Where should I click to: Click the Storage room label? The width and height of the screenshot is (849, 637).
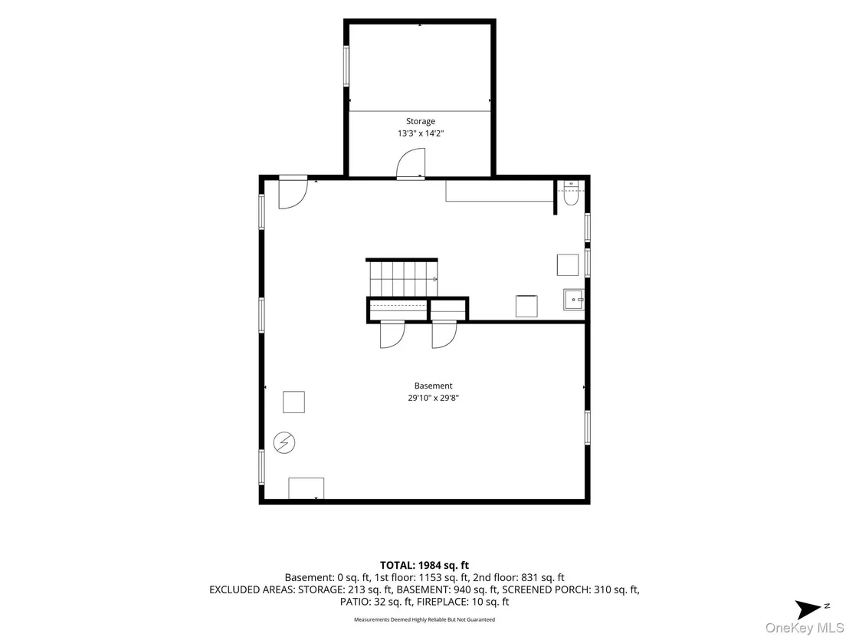(x=421, y=121)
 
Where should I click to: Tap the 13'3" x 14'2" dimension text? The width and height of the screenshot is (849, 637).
(x=421, y=133)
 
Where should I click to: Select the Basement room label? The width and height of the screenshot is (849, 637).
(x=433, y=386)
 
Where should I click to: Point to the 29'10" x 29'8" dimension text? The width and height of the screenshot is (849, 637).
(x=433, y=398)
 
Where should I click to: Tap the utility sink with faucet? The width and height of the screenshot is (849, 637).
(x=574, y=300)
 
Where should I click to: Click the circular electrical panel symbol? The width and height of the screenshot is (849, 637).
(x=284, y=442)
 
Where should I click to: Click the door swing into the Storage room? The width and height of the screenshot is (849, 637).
(x=411, y=163)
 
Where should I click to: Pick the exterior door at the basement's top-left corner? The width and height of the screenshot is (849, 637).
(x=293, y=192)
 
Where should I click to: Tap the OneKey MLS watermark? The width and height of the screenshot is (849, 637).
(x=805, y=628)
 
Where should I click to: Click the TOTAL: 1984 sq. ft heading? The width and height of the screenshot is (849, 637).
(x=424, y=566)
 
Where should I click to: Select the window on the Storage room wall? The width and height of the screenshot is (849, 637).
(x=346, y=66)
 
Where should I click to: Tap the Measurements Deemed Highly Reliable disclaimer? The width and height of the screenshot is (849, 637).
(x=424, y=619)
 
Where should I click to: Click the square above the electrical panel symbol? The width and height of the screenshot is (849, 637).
(x=294, y=402)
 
